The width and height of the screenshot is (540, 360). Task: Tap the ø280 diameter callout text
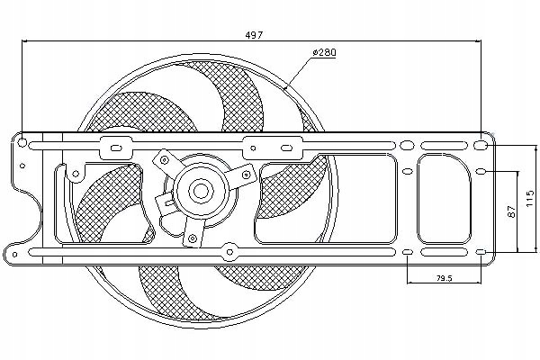click(323, 54)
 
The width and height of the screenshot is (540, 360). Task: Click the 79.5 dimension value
click(443, 277)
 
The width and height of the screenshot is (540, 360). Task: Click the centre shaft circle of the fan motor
click(199, 190)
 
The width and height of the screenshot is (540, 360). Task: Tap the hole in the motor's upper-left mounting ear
click(165, 159)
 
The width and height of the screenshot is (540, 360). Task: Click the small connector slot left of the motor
click(164, 206)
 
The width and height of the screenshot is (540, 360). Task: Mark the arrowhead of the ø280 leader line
click(285, 87)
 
